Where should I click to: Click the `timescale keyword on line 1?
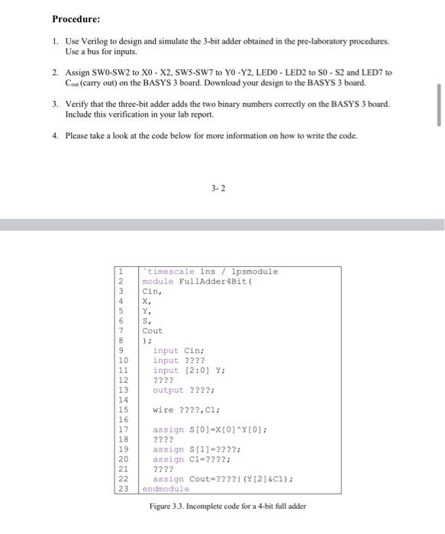[x=170, y=272]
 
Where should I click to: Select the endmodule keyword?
[x=166, y=489]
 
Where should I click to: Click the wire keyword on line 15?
[x=163, y=410]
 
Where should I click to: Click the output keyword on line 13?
[x=168, y=390]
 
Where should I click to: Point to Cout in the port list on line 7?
[x=153, y=331]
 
